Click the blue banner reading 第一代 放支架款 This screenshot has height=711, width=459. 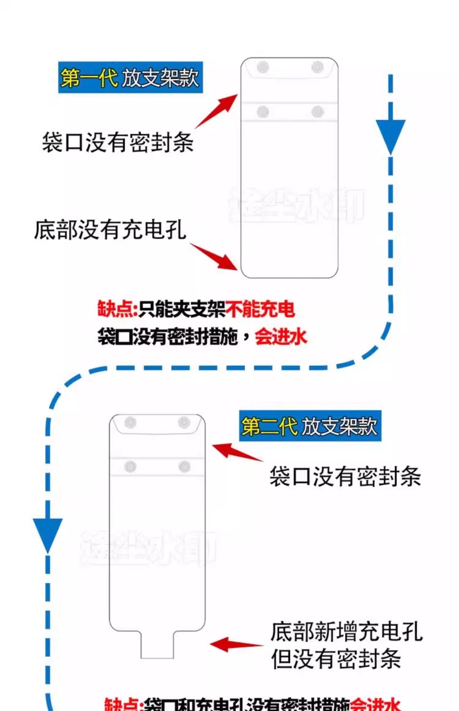pos(130,77)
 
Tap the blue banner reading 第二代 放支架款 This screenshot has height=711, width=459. pos(310,426)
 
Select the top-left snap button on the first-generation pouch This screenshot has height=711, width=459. pos(263,67)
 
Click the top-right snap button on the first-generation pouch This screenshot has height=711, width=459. pos(317,67)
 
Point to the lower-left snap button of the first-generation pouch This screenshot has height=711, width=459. pos(263,111)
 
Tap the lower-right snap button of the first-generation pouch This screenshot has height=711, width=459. pos(318,111)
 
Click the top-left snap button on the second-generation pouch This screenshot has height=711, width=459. pos(130,422)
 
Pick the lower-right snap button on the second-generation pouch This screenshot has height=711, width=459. pos(184,467)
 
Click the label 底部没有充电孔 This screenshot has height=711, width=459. pos(110,230)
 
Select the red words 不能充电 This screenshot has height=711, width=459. pos(260,310)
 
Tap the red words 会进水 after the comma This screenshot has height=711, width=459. pos(281,337)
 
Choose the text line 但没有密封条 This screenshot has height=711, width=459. pos(336,659)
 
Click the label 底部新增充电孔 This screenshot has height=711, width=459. pos(346,632)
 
